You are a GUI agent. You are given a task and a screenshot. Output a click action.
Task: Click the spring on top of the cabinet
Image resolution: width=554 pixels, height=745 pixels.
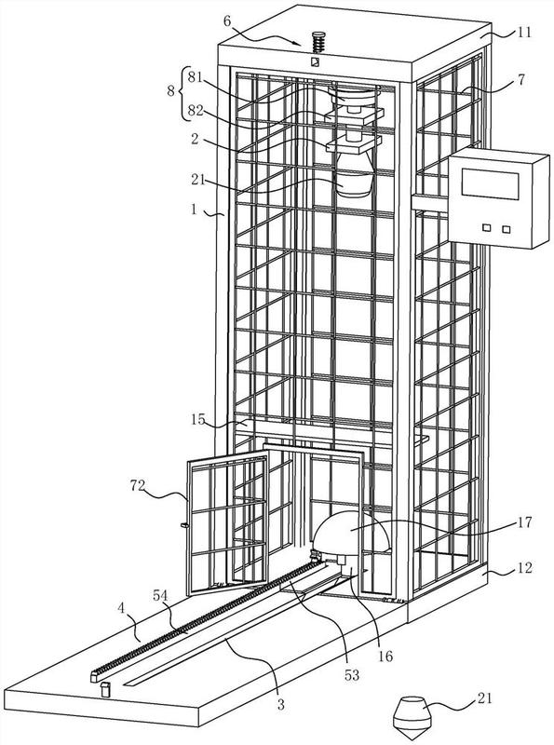point(318,42)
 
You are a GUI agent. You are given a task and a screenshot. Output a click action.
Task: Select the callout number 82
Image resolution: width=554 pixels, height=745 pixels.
point(196,110)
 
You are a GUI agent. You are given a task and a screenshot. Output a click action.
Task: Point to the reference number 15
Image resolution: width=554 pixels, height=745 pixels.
point(198,420)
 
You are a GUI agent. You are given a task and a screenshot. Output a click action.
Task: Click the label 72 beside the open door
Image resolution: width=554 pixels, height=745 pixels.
point(139,485)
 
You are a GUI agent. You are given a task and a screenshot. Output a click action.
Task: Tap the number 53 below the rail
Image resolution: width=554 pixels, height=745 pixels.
point(352,674)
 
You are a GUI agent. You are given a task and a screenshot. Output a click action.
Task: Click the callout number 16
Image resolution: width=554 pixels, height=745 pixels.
point(385,657)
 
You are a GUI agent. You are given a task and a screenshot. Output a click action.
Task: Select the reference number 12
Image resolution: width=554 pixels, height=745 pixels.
point(523,568)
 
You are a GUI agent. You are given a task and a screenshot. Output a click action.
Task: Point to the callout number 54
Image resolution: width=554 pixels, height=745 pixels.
point(161,594)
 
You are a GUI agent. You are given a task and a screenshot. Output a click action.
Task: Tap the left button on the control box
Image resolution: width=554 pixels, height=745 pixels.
point(487,227)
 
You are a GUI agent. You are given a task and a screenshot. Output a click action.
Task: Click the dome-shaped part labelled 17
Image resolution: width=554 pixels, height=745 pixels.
point(351,533)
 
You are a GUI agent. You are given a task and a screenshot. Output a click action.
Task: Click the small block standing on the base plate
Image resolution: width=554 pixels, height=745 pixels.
point(105,689)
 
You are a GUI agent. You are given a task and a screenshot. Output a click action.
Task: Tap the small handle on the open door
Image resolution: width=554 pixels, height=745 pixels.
point(184,525)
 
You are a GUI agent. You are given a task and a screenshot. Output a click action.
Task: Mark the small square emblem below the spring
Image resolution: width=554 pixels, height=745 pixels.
point(314,62)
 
